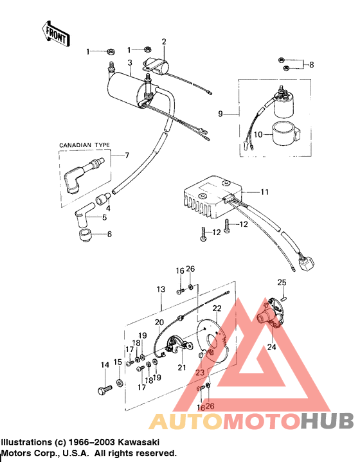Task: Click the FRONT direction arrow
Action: coord(55,34)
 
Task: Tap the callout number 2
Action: coord(164,42)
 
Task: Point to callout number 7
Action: coord(127,155)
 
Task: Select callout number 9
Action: coord(221,114)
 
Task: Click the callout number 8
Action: coord(311,65)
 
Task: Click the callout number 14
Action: coord(105,365)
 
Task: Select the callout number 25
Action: coord(281,282)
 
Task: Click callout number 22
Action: coord(217,309)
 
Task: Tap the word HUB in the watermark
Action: coord(327,421)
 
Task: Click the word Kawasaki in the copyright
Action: coord(134,443)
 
